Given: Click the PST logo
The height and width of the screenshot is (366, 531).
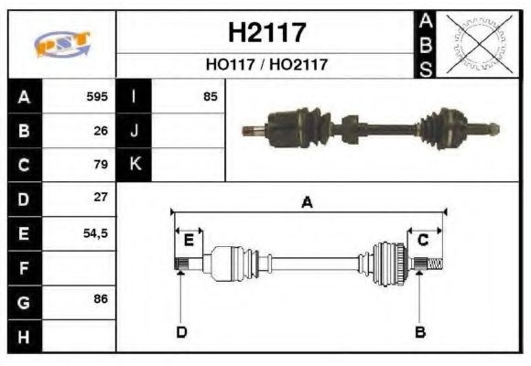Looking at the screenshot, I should coord(61,43).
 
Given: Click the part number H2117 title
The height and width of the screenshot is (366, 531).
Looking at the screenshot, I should coord(265,33).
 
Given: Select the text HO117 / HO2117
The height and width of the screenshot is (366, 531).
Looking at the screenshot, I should coord(265,65).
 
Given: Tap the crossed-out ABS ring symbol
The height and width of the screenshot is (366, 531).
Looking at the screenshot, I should coord(476,43).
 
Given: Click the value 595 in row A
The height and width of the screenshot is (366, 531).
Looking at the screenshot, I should coord(97,96).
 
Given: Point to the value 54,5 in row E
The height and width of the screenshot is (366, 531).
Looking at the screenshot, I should coord(96,233).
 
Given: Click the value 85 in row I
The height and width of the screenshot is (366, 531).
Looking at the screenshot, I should coord(210,96).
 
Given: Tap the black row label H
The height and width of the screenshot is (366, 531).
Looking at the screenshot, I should coord(24,336).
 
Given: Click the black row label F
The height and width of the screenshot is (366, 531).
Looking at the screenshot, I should coord(24,268).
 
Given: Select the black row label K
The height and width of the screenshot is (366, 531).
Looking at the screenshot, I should coord(135,165).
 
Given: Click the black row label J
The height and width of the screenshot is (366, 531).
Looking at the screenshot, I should coord(135,131).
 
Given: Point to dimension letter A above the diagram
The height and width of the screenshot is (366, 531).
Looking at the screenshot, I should coord(308,203).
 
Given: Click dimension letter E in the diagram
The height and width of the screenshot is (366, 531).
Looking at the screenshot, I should coord(189,241).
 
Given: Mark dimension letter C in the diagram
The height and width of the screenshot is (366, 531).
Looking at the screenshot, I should coord(423,240).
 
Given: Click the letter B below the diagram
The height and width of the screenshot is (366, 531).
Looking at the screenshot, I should coord(419,331).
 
